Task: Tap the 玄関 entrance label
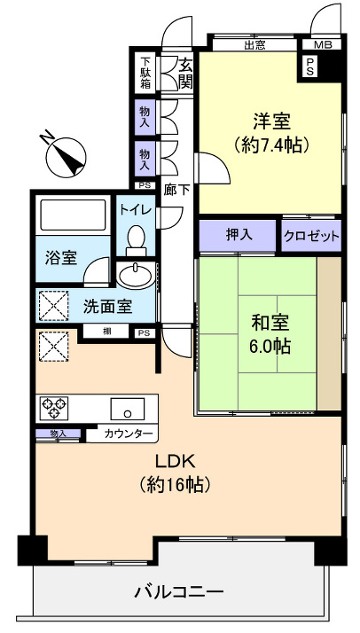click(x=185, y=74)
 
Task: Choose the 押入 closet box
click(x=238, y=236)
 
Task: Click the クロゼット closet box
click(x=311, y=237)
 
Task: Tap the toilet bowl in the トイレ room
click(x=137, y=239)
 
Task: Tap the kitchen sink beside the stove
click(x=128, y=410)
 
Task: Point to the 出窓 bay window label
click(x=255, y=44)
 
